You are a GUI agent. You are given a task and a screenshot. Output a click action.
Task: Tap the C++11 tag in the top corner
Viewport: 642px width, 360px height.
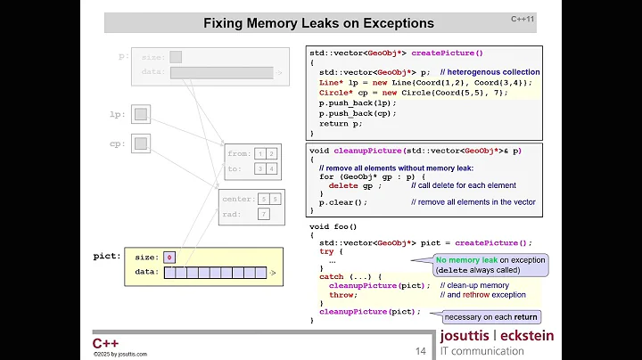click(x=523, y=18)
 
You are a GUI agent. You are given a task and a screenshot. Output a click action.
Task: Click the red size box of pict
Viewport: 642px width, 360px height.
click(x=169, y=258)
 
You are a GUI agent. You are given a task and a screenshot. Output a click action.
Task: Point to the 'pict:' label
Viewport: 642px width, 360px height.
click(x=107, y=257)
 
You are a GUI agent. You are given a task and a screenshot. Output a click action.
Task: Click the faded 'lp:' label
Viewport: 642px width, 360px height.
click(x=117, y=114)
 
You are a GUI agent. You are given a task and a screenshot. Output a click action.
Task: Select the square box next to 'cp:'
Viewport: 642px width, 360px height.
click(x=141, y=143)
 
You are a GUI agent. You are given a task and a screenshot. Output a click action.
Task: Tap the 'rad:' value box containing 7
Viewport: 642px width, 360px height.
click(x=264, y=214)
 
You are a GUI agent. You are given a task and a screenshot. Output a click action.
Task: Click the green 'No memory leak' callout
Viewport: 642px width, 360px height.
click(x=490, y=265)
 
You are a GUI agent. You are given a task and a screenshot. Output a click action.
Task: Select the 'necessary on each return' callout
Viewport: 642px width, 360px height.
click(x=491, y=317)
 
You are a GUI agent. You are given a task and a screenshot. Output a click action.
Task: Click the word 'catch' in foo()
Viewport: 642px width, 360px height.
click(x=331, y=276)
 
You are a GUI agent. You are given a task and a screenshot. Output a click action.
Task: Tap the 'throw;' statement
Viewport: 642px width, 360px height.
click(x=342, y=295)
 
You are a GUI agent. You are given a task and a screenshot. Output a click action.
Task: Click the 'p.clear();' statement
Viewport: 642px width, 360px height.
click(x=343, y=202)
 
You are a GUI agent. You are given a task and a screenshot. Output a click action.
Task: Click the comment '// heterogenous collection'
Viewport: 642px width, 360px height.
click(x=490, y=71)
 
